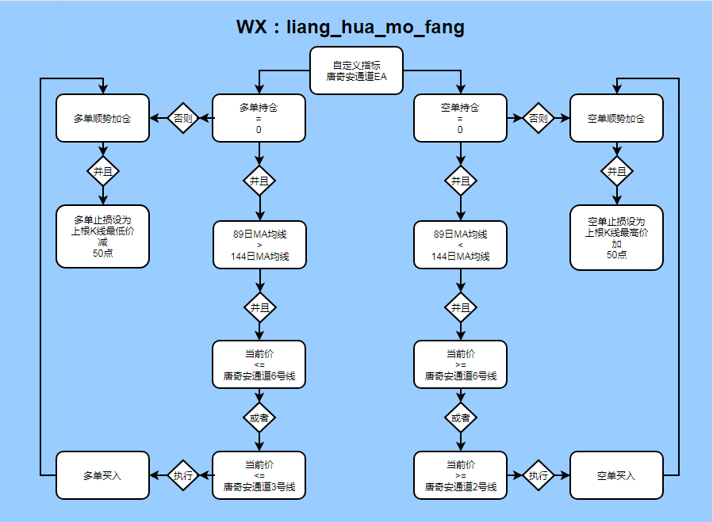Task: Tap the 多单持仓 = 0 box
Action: tap(259, 118)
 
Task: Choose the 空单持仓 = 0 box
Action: tap(460, 118)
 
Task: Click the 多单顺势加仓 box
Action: tap(102, 118)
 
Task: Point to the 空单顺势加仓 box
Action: tap(616, 118)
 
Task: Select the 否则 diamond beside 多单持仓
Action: tap(183, 118)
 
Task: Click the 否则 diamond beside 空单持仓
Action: tap(538, 118)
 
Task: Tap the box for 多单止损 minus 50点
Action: tap(102, 236)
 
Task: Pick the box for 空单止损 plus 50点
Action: tap(616, 236)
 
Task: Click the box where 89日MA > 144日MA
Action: tap(259, 245)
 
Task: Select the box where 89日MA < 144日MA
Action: tap(460, 245)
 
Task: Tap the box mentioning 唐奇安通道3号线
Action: tap(259, 475)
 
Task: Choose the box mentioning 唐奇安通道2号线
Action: tap(460, 475)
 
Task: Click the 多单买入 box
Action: tap(102, 475)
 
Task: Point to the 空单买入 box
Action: tap(616, 475)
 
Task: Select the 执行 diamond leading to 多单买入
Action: tap(183, 475)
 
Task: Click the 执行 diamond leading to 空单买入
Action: tap(538, 475)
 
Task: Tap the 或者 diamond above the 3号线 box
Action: tap(259, 417)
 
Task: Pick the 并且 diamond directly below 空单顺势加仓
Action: tap(616, 171)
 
